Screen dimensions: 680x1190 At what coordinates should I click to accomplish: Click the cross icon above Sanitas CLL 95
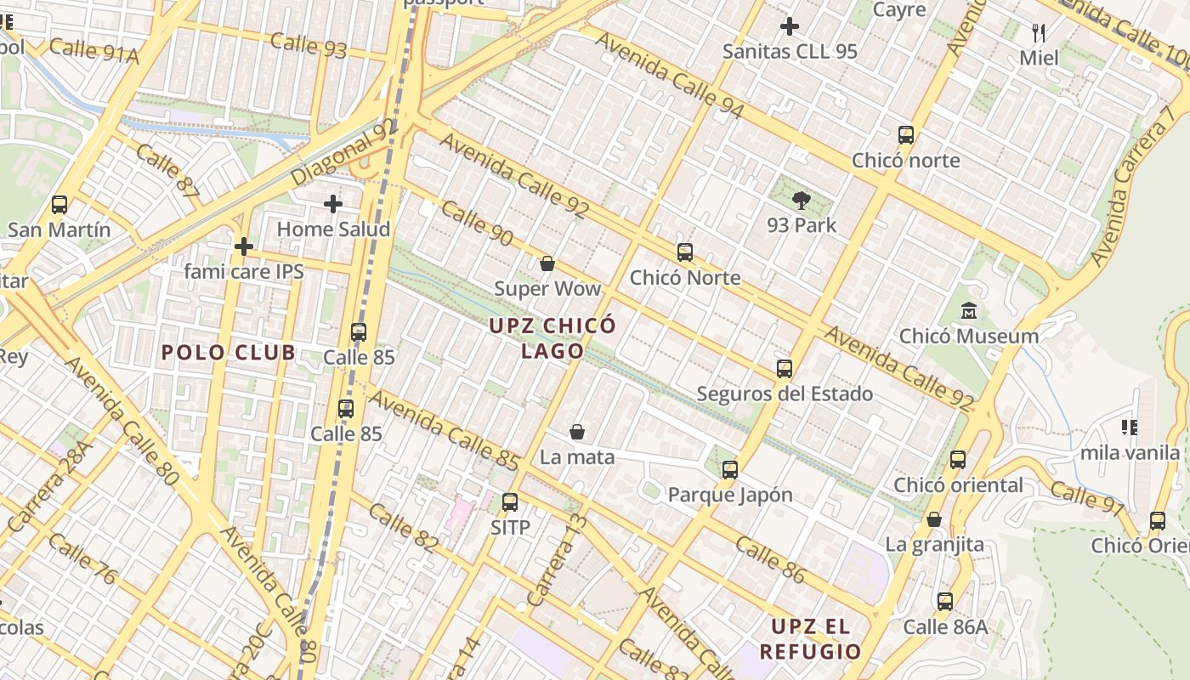pos(790,26)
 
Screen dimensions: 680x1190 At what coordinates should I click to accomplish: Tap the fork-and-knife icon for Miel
pos(1039,33)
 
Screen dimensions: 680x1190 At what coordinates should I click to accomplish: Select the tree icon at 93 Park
pos(801,201)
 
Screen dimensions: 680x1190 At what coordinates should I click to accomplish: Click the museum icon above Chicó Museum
pos(969,311)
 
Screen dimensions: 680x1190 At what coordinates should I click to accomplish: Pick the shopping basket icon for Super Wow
pos(547,263)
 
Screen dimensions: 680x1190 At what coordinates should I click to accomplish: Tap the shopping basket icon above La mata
pos(577,432)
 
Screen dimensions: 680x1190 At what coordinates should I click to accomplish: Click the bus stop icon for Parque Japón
pos(729,469)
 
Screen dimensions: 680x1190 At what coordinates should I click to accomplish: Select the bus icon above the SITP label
pos(510,501)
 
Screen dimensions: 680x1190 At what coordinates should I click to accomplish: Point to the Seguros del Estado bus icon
pos(785,369)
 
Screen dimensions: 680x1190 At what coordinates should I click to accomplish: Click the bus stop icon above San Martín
pos(59,205)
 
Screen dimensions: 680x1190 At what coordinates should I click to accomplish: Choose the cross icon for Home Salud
pos(333,204)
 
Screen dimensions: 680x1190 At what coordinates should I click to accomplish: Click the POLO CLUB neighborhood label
pos(229,353)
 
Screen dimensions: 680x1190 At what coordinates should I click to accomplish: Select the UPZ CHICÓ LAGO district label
pos(552,338)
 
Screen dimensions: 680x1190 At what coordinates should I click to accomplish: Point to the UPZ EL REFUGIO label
pos(810,639)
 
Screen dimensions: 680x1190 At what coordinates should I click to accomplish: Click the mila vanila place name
pos(1130,453)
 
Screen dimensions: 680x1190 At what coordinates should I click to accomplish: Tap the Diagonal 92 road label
pos(343,152)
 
